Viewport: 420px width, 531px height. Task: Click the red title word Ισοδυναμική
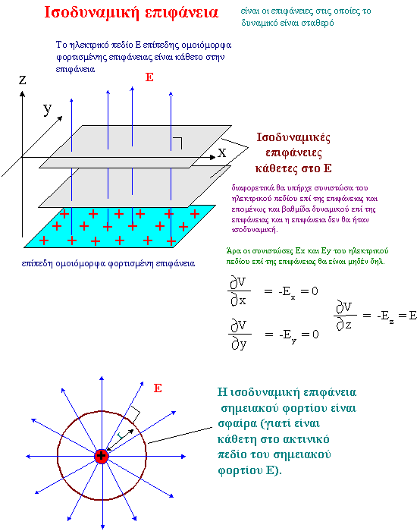92,13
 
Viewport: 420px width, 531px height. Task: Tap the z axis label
22,80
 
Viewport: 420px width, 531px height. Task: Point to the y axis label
47,109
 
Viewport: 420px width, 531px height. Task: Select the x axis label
221,152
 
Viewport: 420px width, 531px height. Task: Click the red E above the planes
149,77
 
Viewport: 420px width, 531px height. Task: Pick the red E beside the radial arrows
158,388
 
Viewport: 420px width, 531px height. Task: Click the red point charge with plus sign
101,456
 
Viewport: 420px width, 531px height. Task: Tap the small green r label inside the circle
120,436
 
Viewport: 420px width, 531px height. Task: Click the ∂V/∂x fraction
239,291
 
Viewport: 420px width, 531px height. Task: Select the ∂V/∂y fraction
240,335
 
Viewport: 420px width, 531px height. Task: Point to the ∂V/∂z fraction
345,316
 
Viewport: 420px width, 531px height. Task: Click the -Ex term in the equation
287,292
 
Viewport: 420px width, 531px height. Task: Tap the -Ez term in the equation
385,316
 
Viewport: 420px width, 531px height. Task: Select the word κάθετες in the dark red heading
273,168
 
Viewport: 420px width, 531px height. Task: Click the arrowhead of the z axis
22,94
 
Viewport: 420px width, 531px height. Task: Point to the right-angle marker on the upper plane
177,143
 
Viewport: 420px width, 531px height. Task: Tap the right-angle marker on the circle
135,413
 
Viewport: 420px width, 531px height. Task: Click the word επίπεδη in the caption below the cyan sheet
37,264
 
